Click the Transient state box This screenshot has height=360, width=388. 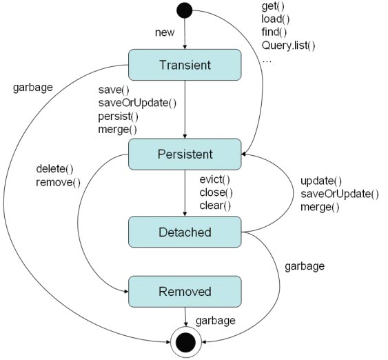coord(185,65)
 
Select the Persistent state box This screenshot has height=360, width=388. coord(185,154)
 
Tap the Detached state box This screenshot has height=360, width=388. coord(185,232)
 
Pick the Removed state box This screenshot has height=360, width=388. coord(185,292)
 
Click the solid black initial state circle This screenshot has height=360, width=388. coord(184,10)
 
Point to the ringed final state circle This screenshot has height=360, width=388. coord(185,342)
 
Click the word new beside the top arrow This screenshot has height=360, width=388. coord(165,32)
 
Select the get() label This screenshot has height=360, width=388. coord(273,6)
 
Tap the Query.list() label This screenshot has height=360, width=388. coord(288,46)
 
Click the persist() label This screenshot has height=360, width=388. coord(119,117)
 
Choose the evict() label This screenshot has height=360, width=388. coord(215,179)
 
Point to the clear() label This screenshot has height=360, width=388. coord(215,206)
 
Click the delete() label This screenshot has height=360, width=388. coord(54,169)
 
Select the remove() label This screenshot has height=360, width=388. coord(58,183)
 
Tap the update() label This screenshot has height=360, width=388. coord(321,181)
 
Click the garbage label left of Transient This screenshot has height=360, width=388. coord(33,88)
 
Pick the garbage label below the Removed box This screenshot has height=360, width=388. coord(216,321)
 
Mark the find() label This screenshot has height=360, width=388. coord(274,32)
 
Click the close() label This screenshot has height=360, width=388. coord(216,192)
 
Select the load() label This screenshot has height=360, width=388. coord(276,19)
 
